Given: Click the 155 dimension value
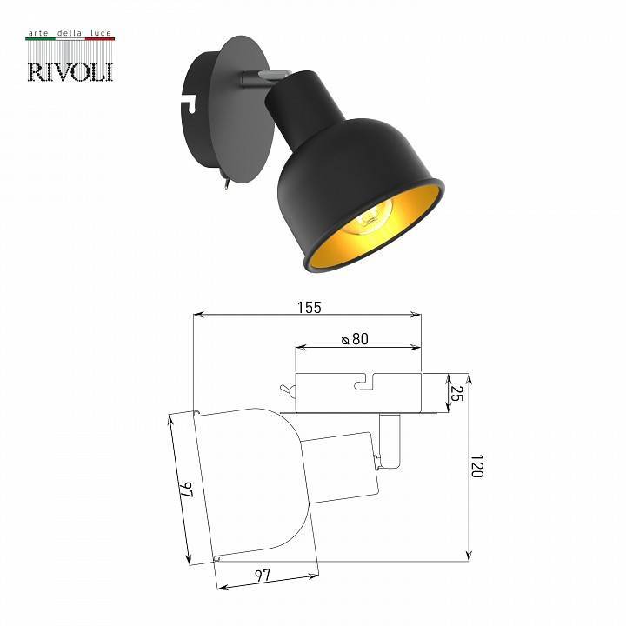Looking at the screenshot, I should (308, 307).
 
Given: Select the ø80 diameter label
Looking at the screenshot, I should (355, 340).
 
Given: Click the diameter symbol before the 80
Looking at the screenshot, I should (345, 340).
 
